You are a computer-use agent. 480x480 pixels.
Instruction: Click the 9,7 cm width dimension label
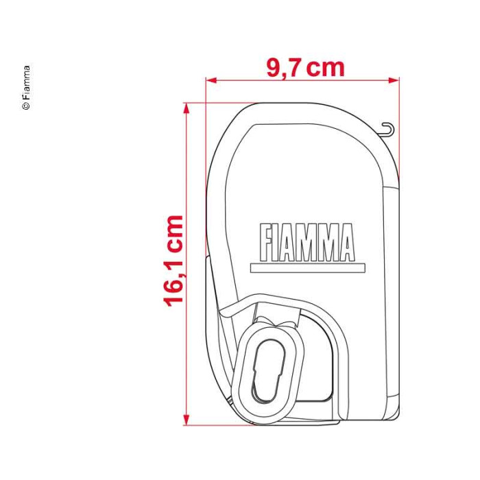point(305,68)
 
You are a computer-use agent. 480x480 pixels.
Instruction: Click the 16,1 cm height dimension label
point(174,261)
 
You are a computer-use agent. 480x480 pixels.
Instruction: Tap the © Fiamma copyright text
point(26,88)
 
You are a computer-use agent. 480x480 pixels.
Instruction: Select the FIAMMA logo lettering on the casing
point(307,243)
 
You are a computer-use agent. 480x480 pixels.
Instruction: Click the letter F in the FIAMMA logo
point(266,243)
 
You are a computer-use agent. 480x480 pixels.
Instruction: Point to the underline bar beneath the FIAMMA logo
point(308,268)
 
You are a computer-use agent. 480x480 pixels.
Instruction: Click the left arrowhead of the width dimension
point(211,80)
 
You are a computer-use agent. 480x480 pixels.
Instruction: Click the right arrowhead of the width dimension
point(394,80)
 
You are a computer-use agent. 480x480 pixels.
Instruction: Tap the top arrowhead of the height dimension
point(186,108)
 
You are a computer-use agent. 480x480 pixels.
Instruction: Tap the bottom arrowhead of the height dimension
point(186,420)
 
